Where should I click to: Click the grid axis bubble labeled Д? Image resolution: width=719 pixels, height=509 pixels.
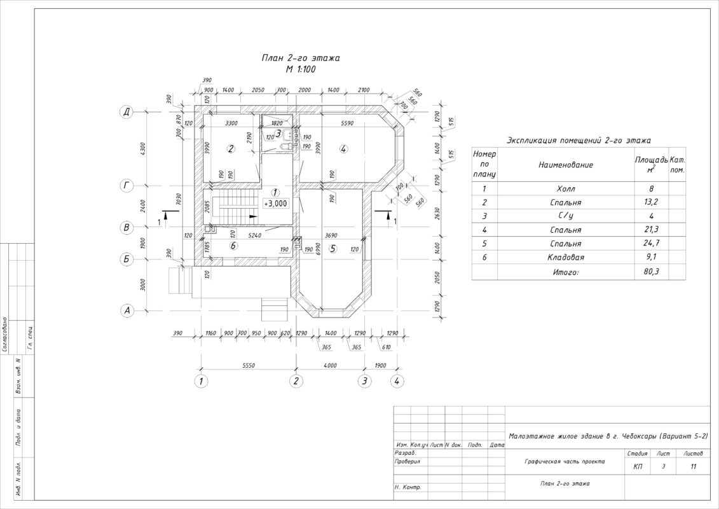pyautogui.click(x=127, y=112)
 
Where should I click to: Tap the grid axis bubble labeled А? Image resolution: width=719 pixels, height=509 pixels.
pyautogui.click(x=127, y=310)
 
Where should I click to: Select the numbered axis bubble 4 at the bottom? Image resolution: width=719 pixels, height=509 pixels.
pyautogui.click(x=397, y=381)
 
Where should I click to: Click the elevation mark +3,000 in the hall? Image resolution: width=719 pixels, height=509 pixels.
pyautogui.click(x=276, y=204)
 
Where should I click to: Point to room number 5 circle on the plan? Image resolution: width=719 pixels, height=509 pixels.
pyautogui.click(x=332, y=249)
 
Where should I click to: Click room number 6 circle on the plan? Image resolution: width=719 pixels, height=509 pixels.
pyautogui.click(x=233, y=246)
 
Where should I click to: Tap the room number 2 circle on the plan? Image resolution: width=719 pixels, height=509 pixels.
pyautogui.click(x=231, y=149)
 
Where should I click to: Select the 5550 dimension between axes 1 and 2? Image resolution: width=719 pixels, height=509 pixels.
pyautogui.click(x=249, y=366)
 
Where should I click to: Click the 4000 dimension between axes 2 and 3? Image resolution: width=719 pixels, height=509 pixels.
pyautogui.click(x=330, y=366)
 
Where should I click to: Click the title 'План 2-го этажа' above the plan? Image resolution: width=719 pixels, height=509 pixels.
pyautogui.click(x=301, y=58)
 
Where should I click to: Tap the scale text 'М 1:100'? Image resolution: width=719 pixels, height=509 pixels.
pyautogui.click(x=301, y=69)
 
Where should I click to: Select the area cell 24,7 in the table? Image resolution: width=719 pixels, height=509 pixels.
pyautogui.click(x=650, y=244)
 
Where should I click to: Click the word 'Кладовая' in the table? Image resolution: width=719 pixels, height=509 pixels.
pyautogui.click(x=566, y=258)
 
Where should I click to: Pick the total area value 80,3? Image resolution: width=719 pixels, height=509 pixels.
pyautogui.click(x=650, y=272)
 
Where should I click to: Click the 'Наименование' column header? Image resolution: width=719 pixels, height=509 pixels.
pyautogui.click(x=566, y=165)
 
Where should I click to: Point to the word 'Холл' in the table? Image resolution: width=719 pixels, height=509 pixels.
pyautogui.click(x=566, y=189)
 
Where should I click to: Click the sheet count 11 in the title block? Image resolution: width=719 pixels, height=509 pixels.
pyautogui.click(x=693, y=466)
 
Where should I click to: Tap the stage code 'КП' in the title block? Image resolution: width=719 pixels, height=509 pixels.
pyautogui.click(x=638, y=466)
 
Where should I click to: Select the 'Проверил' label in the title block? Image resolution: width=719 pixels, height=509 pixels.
pyautogui.click(x=407, y=462)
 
